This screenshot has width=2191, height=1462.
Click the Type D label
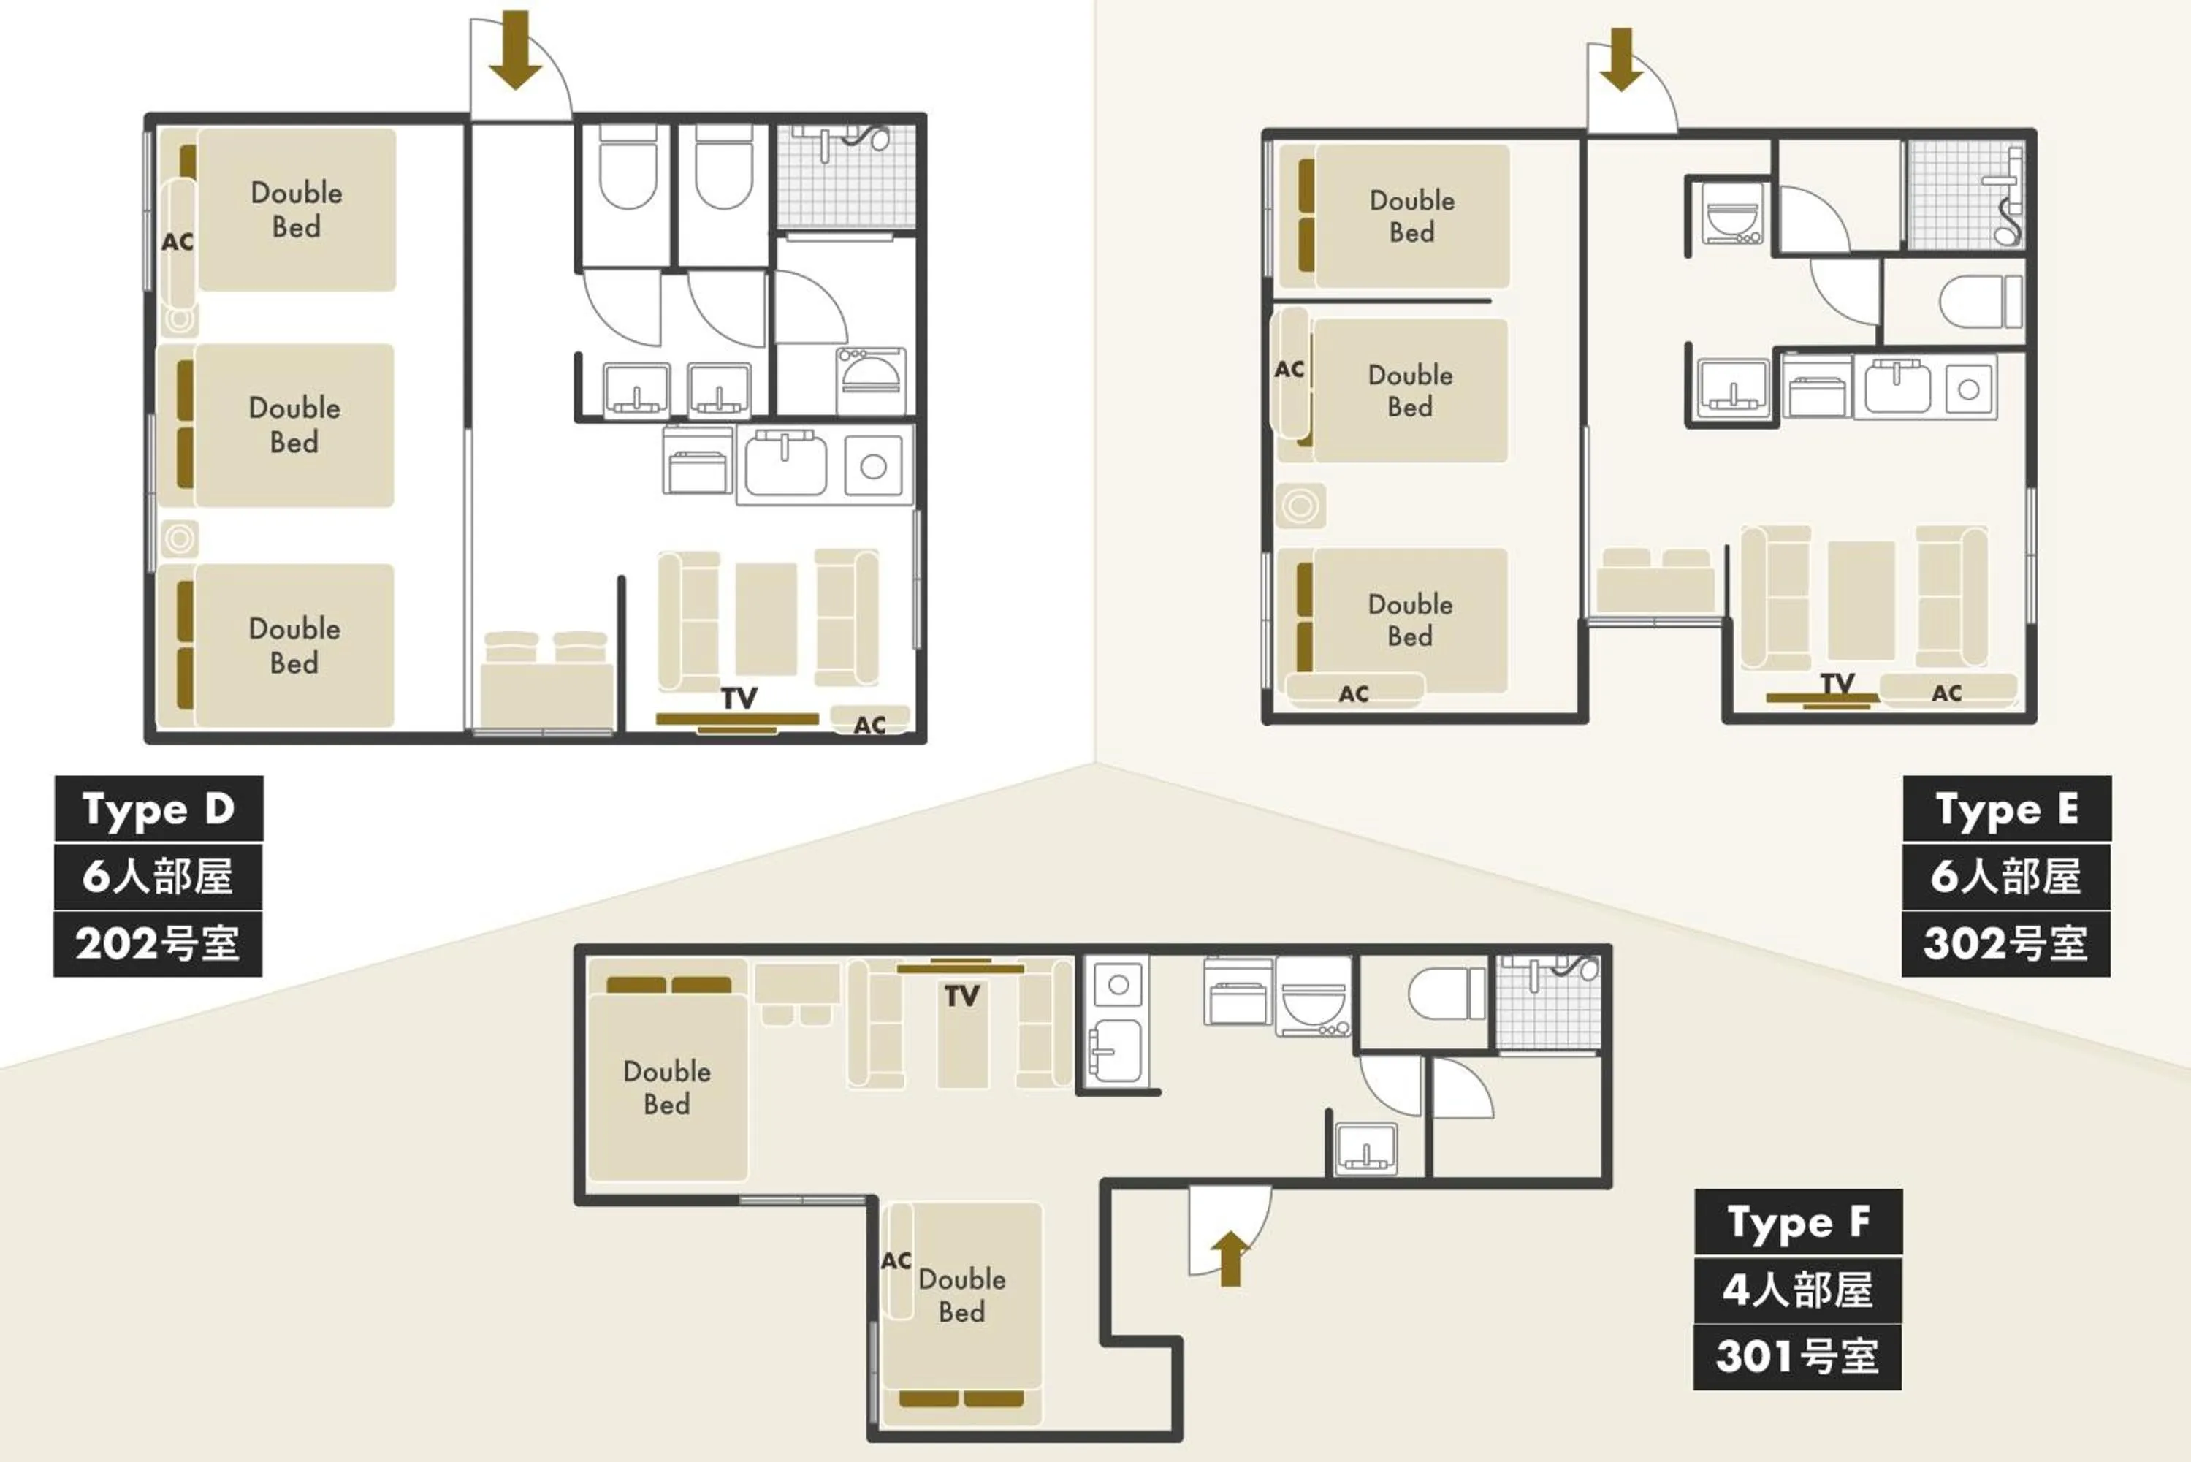click(x=158, y=808)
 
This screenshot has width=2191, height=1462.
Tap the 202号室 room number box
click(x=158, y=943)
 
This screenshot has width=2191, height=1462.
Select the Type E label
click(x=2005, y=808)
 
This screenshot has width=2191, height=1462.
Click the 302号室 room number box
click(x=2005, y=943)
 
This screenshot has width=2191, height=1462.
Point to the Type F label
click(x=1797, y=1222)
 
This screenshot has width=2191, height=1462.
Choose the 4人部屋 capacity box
click(x=1797, y=1290)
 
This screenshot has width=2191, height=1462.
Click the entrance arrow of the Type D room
click(x=514, y=50)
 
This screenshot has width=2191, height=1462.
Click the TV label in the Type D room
click(x=739, y=698)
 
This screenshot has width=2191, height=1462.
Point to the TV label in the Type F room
click(x=961, y=996)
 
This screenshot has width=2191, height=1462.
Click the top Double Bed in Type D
click(x=297, y=210)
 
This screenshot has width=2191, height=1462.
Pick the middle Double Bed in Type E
click(x=1410, y=391)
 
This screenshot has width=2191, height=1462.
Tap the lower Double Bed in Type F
click(x=961, y=1295)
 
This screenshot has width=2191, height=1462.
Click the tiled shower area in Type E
click(x=1964, y=195)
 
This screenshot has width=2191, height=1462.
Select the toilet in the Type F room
click(x=1446, y=994)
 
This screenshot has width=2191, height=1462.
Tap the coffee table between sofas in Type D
click(x=766, y=618)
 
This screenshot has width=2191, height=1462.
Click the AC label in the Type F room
click(x=896, y=1260)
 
